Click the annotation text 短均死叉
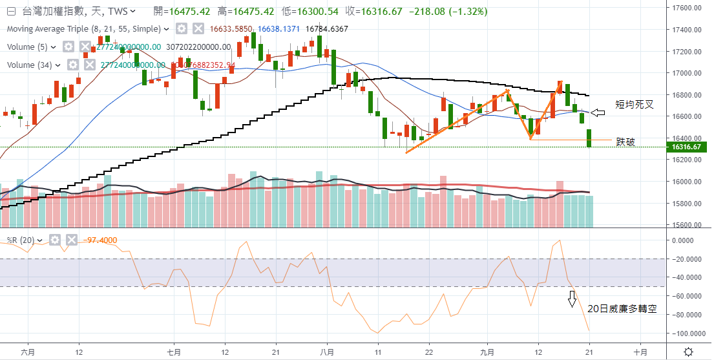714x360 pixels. pyautogui.click(x=634, y=104)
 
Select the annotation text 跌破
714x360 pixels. pyautogui.click(x=625, y=142)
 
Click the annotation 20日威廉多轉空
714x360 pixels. pyautogui.click(x=622, y=309)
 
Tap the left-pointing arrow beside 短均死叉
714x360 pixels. pyautogui.click(x=598, y=113)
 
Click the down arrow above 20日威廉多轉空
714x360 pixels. pyautogui.click(x=572, y=299)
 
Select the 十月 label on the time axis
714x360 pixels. pyautogui.click(x=640, y=352)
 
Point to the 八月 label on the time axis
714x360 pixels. pyautogui.click(x=327, y=352)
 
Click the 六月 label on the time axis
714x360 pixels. pyautogui.click(x=26, y=352)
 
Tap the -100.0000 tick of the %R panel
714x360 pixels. pyautogui.click(x=689, y=334)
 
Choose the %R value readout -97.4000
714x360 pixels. pyautogui.click(x=100, y=240)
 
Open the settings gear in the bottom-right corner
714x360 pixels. pyautogui.click(x=689, y=352)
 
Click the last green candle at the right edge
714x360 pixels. pyautogui.click(x=589, y=138)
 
